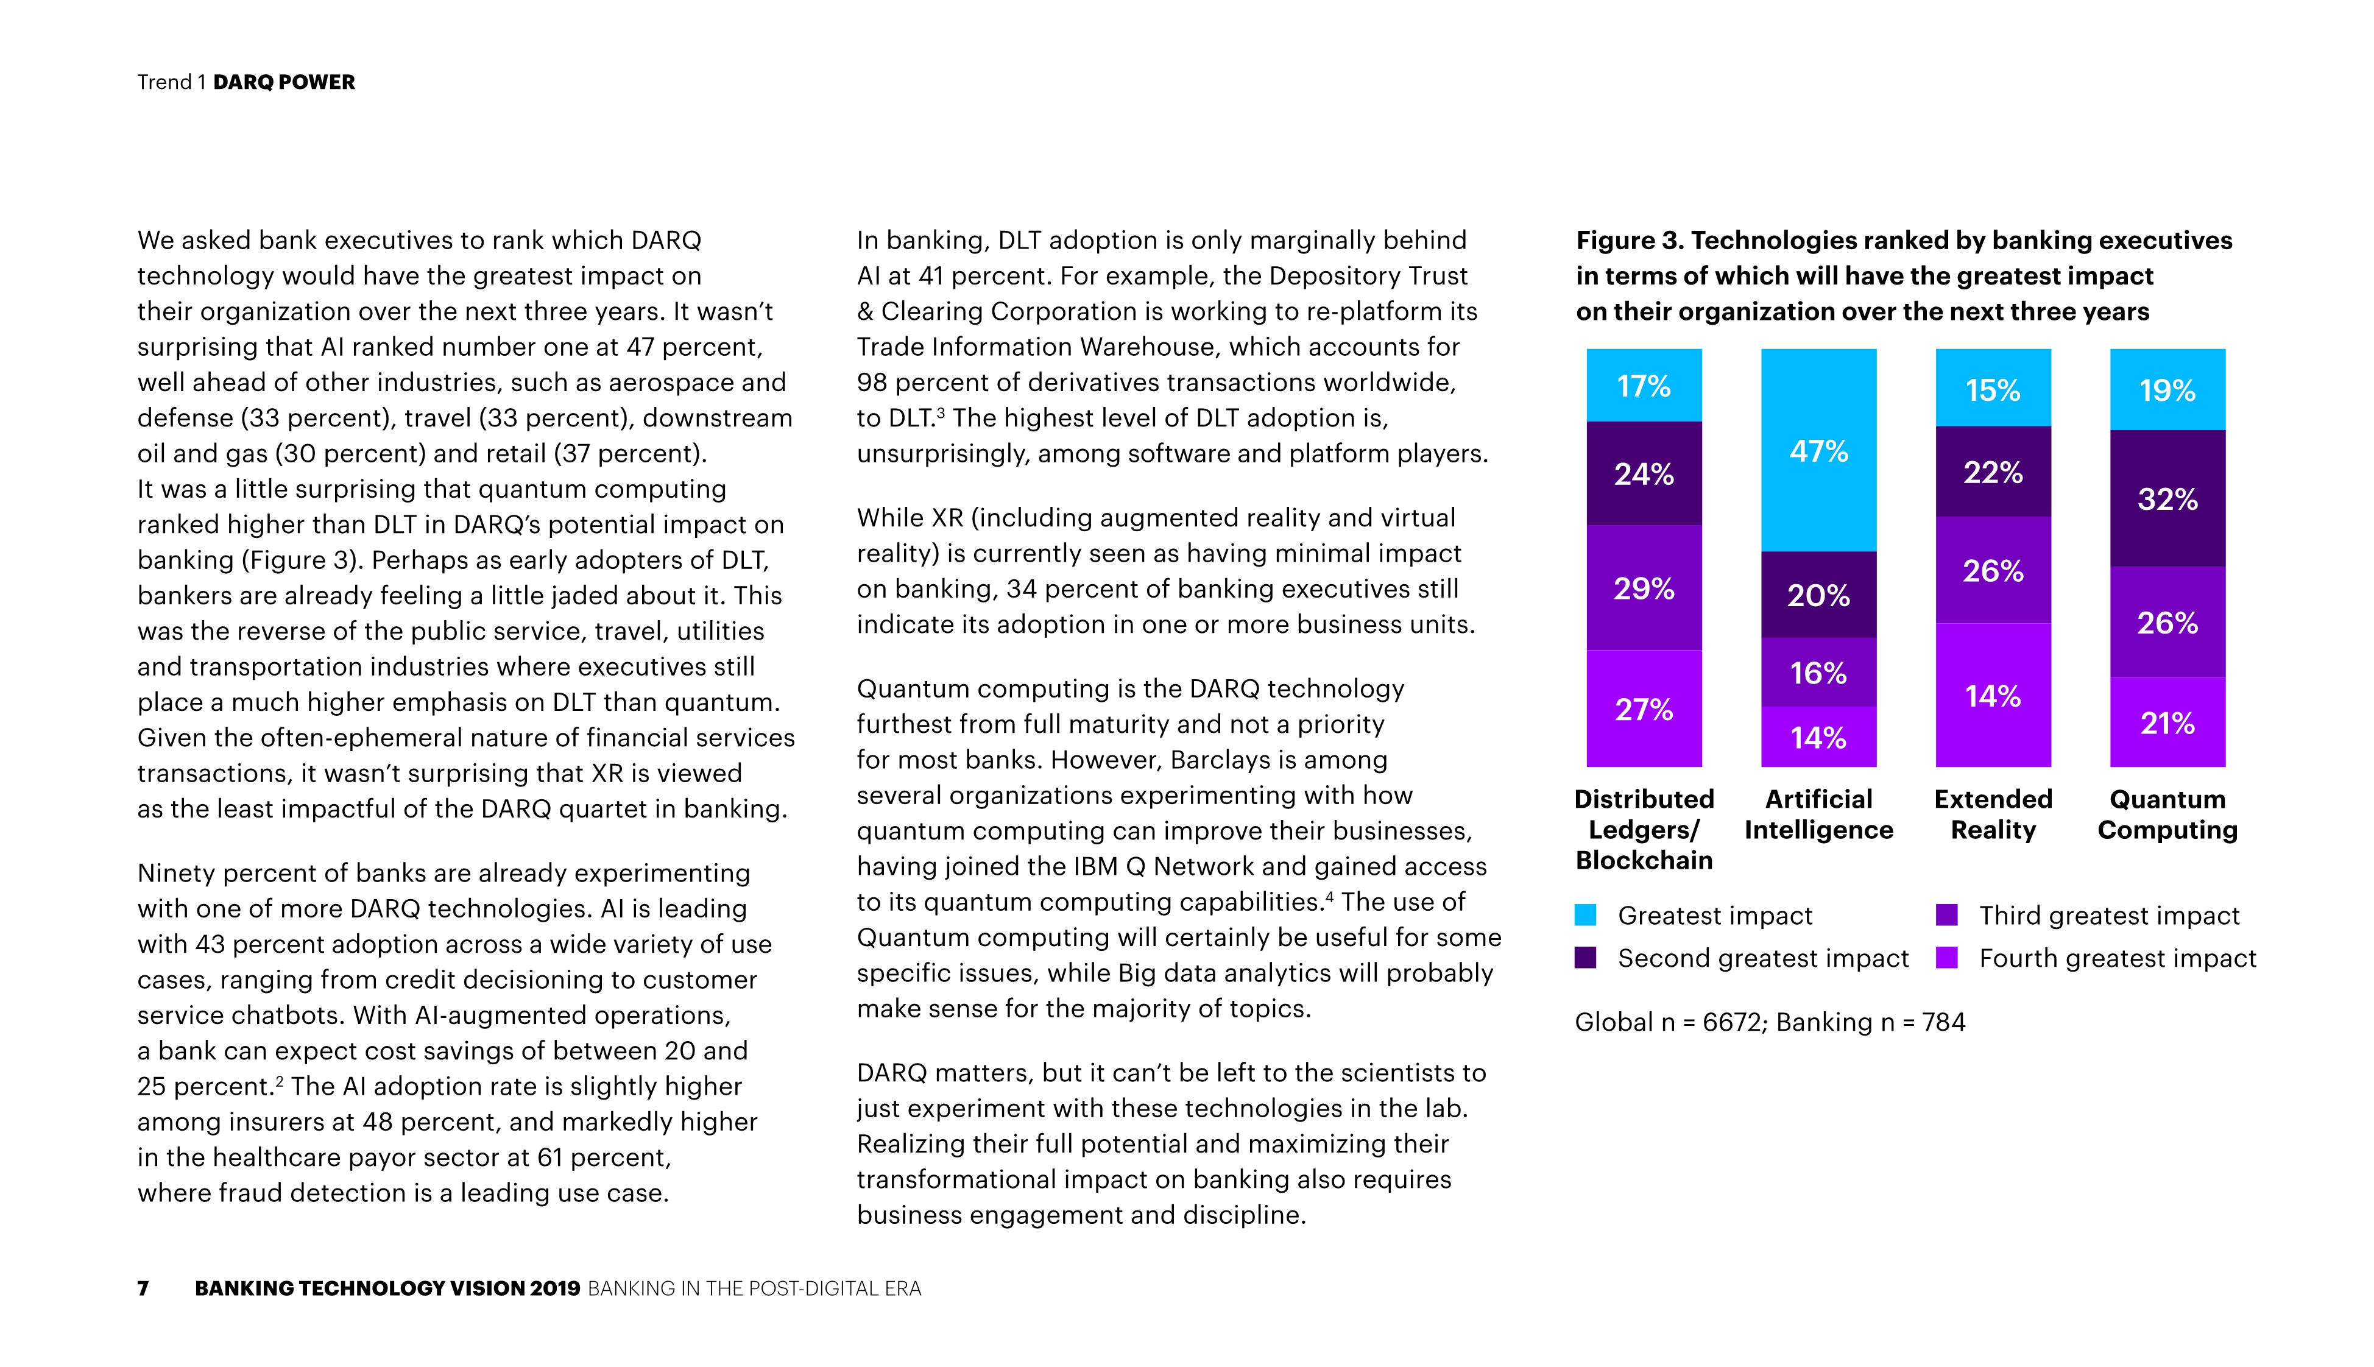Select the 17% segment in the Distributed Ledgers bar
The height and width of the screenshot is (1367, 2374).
pos(1644,385)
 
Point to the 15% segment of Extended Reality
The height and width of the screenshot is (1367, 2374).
pos(1993,388)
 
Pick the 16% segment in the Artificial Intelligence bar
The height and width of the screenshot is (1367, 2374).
pos(1818,673)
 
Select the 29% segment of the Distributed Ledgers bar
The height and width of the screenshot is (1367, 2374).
pos(1644,588)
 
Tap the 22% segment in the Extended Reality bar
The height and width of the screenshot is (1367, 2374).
pos(1993,472)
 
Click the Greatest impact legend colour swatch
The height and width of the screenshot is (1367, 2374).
pos(1586,914)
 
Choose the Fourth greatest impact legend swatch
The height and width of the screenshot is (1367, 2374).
pos(1947,958)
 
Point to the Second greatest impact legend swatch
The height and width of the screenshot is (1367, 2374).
pos(1586,958)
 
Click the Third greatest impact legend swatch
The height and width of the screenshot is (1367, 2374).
pos(1947,914)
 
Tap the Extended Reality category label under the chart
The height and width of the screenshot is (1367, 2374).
pos(1993,814)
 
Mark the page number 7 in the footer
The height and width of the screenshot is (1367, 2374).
pos(143,1288)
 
